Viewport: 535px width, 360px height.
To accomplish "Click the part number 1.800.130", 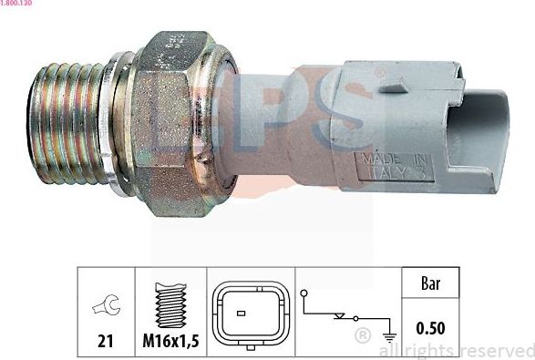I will click(19, 5).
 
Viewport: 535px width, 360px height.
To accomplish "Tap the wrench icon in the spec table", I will click(106, 308).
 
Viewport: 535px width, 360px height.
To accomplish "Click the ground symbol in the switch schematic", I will click(389, 334).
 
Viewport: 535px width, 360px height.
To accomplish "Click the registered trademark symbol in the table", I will click(362, 336).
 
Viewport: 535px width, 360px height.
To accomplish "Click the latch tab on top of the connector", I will click(394, 88).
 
